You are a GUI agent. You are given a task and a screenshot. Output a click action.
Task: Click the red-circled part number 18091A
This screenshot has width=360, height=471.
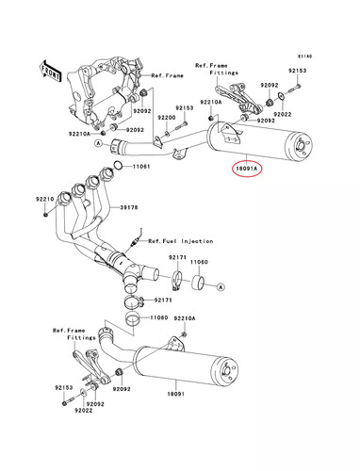[247, 169]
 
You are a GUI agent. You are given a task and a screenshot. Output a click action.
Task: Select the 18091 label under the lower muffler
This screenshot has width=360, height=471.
[175, 394]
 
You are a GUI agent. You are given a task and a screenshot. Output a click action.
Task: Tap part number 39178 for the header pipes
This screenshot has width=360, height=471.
[129, 207]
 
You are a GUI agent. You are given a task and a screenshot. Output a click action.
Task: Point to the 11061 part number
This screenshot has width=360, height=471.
[141, 167]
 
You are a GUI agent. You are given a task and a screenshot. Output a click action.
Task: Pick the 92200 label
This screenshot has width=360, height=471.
[167, 118]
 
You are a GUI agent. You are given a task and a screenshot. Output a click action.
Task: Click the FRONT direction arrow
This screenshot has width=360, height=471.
[50, 72]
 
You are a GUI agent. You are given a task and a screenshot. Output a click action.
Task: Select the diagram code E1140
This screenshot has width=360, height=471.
[305, 57]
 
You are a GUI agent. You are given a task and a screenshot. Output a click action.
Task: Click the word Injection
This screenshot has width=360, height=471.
[197, 241]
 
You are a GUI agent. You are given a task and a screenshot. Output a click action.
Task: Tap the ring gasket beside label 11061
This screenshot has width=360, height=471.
[118, 165]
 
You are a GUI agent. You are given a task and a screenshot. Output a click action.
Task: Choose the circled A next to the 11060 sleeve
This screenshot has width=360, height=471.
[221, 286]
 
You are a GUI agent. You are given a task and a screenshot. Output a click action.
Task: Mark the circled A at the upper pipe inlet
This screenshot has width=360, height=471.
[99, 143]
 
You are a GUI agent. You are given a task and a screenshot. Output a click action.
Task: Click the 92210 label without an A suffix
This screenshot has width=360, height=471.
[44, 199]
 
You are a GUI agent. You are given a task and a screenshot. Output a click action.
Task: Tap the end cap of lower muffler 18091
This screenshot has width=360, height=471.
[225, 373]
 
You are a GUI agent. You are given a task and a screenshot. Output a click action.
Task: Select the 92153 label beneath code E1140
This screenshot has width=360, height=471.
[298, 71]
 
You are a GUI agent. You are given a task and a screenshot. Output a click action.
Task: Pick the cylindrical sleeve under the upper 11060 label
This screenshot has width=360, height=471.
[198, 282]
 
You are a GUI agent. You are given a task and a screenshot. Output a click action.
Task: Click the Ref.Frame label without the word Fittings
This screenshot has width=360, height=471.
[167, 75]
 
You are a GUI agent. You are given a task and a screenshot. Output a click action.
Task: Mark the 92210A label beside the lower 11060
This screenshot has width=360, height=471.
[185, 318]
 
